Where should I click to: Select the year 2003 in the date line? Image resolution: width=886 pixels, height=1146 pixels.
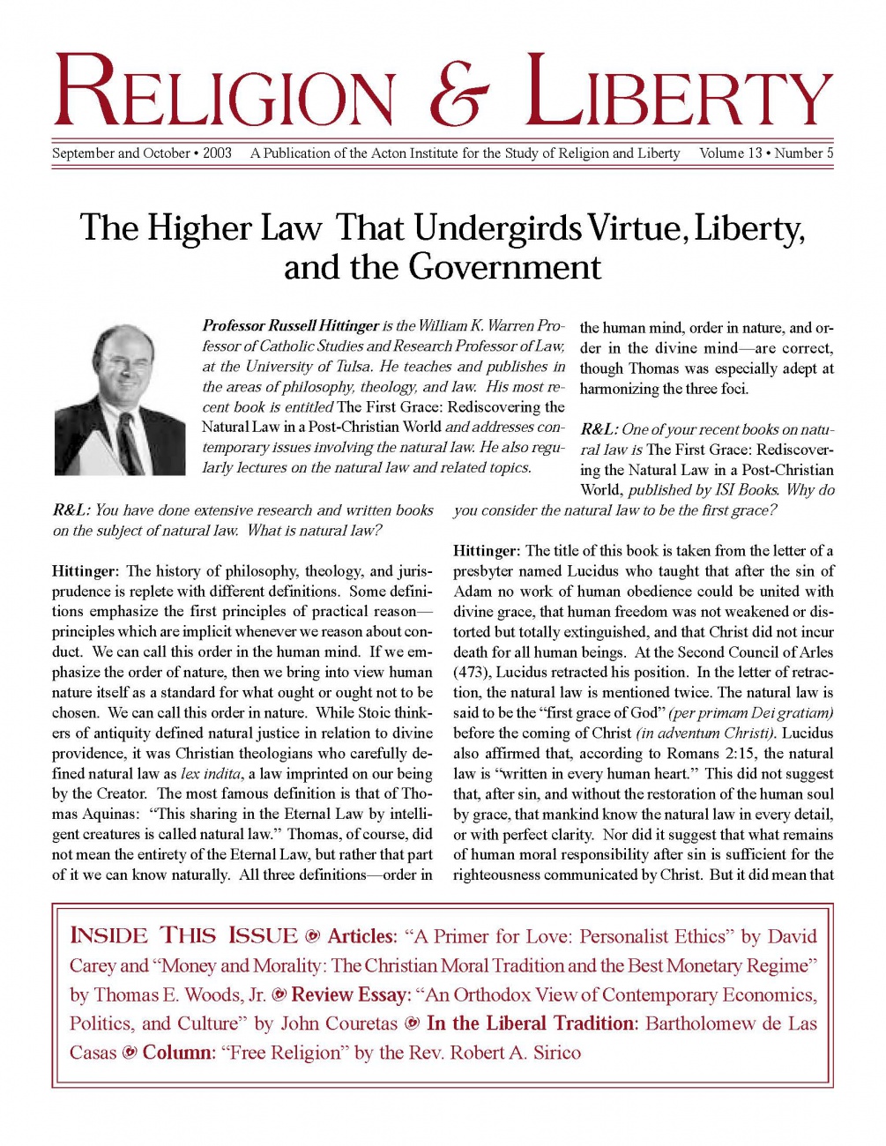click(x=217, y=153)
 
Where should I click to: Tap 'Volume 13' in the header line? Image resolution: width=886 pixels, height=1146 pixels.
click(x=730, y=153)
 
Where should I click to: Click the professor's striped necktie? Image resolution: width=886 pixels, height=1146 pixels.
click(x=130, y=442)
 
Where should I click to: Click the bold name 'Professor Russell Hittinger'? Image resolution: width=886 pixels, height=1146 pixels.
click(x=290, y=326)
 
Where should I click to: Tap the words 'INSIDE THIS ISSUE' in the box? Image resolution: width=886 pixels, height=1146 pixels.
click(x=183, y=936)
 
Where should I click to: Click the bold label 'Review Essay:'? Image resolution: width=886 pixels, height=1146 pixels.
click(x=351, y=995)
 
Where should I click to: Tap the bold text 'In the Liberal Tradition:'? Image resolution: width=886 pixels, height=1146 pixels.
click(x=532, y=1024)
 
